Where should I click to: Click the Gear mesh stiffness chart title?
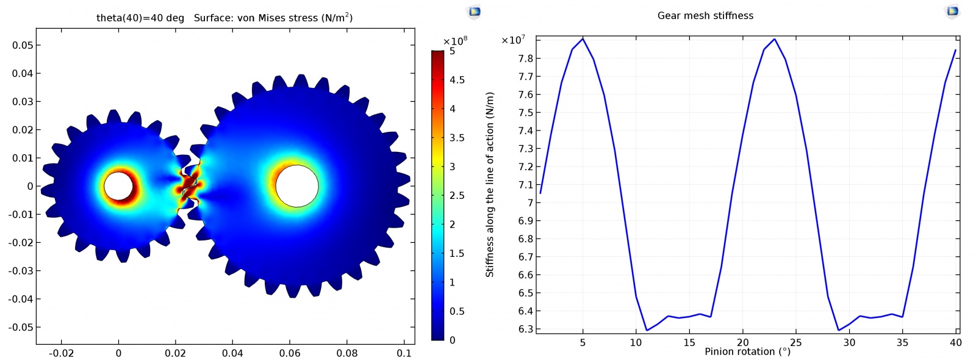705,16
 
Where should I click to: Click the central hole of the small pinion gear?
118,186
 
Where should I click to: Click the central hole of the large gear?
296,186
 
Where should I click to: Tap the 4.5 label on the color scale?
457,80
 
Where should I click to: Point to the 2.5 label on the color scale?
457,195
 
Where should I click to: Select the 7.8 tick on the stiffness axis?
525,59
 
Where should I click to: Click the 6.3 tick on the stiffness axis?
525,329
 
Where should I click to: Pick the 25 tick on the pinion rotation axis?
796,342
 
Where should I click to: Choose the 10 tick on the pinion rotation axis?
636,342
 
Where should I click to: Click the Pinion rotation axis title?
747,351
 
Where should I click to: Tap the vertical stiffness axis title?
490,184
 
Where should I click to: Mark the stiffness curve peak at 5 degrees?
583,39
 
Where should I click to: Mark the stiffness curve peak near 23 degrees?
775,39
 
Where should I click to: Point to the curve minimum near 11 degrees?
647,330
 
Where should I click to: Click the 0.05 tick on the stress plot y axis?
23,45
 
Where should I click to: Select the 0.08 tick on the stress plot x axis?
347,353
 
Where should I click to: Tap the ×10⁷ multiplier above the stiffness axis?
512,40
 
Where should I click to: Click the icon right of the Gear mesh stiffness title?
952,11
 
